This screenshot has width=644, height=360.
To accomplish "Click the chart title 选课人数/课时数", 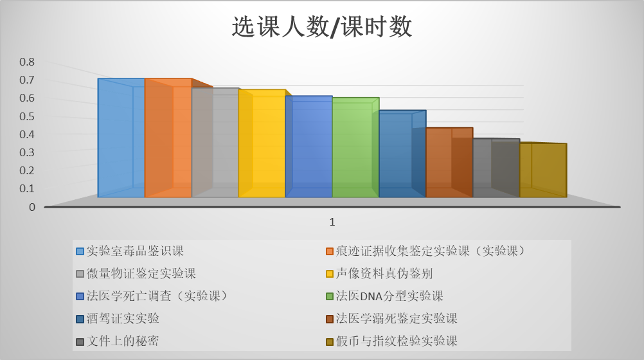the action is [x=321, y=27].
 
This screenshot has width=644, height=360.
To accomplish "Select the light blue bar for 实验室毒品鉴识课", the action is [x=121, y=138].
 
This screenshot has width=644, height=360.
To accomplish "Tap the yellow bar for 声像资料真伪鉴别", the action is [x=262, y=143].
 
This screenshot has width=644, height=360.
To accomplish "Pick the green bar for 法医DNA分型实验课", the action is [x=355, y=147].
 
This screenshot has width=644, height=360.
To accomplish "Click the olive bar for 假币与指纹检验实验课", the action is [x=543, y=170].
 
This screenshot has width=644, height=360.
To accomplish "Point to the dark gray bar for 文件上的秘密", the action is [x=496, y=168].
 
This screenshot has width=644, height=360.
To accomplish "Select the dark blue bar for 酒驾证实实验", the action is [x=402, y=154].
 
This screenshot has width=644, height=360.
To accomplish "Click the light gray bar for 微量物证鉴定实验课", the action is [x=215, y=142].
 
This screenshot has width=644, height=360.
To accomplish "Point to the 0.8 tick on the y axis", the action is [x=27, y=62].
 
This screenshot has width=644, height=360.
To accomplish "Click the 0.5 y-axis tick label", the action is [x=27, y=116].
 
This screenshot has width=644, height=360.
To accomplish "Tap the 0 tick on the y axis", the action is [x=32, y=207].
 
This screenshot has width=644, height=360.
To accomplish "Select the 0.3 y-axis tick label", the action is [x=27, y=152].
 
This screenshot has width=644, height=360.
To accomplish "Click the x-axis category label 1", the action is [x=332, y=222].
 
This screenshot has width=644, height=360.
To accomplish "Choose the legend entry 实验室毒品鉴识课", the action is [x=130, y=251].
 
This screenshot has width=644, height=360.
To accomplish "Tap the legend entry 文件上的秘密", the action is [x=118, y=341].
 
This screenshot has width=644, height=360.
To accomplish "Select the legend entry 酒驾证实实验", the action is [x=118, y=318].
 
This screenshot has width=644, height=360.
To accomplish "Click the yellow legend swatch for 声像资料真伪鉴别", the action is [x=330, y=274].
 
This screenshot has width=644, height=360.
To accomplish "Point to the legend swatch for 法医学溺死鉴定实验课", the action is [x=330, y=319].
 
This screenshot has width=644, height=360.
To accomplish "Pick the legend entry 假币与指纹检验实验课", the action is [x=391, y=341].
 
